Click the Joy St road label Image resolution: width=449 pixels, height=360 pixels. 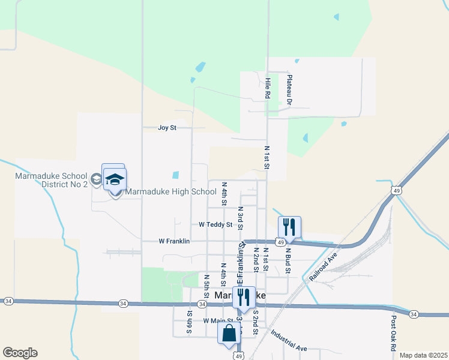(x=167, y=128)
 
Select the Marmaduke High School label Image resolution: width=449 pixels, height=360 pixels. (x=170, y=192)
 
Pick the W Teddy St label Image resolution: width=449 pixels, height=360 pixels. (x=215, y=224)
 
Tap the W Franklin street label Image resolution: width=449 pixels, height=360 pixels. (x=174, y=241)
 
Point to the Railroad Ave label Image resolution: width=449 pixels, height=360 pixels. (x=324, y=266)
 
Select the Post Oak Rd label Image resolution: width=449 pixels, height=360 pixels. (x=394, y=334)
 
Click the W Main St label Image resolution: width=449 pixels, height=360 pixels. (x=217, y=321)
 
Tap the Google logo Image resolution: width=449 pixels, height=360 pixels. (x=20, y=353)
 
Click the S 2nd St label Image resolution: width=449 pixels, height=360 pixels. (x=255, y=320)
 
